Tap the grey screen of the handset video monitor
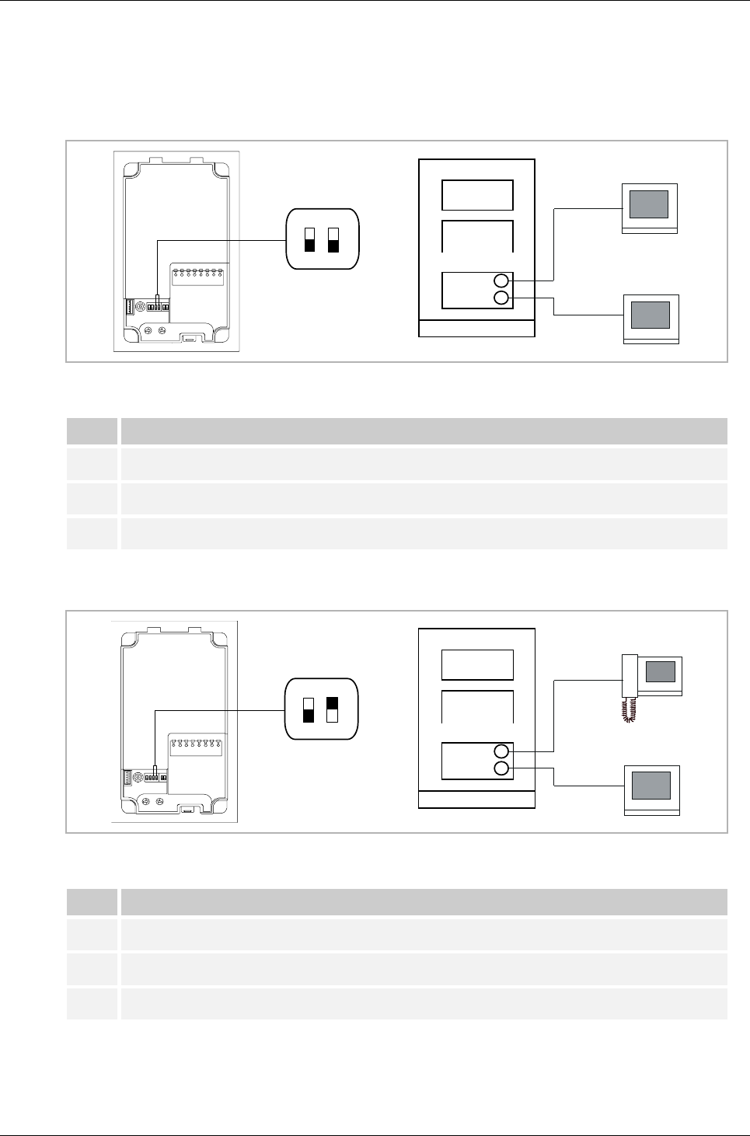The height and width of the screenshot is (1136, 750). [x=660, y=671]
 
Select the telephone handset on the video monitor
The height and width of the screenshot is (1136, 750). [x=630, y=676]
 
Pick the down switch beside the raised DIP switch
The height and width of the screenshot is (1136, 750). [x=309, y=709]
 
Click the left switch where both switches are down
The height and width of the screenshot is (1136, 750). [x=309, y=240]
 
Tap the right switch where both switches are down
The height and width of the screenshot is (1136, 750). [x=333, y=240]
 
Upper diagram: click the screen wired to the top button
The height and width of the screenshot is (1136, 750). [x=649, y=204]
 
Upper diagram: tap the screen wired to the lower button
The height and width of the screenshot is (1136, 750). [x=650, y=315]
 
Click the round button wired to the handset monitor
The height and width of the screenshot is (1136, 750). [x=502, y=751]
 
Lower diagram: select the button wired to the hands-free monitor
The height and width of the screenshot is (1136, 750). [x=502, y=769]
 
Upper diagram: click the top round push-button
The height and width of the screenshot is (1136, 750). [x=502, y=281]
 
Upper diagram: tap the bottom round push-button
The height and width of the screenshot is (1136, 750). [x=502, y=298]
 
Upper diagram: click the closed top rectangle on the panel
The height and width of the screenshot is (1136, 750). [x=477, y=195]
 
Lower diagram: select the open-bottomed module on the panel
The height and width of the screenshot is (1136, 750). [x=477, y=706]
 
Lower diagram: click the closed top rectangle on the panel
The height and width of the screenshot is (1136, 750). [x=477, y=665]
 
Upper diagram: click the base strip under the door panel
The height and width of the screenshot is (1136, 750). [x=477, y=328]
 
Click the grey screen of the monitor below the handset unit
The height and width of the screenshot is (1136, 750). [x=651, y=786]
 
